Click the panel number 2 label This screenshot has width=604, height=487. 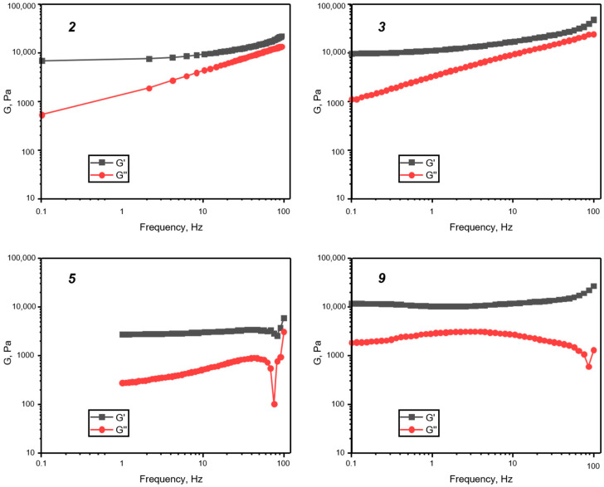(x=72, y=27)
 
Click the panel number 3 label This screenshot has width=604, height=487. (x=381, y=27)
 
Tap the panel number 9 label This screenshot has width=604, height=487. (x=381, y=279)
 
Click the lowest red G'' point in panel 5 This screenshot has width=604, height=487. (x=275, y=404)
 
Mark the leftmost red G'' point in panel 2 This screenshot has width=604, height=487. (x=41, y=114)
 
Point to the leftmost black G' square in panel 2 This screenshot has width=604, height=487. (x=41, y=61)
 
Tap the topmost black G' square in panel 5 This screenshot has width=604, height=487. (x=284, y=319)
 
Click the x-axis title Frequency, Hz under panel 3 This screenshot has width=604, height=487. (x=473, y=226)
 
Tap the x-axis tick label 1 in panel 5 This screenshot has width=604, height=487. (x=122, y=462)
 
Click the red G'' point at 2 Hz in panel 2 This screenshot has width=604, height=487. (x=149, y=88)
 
